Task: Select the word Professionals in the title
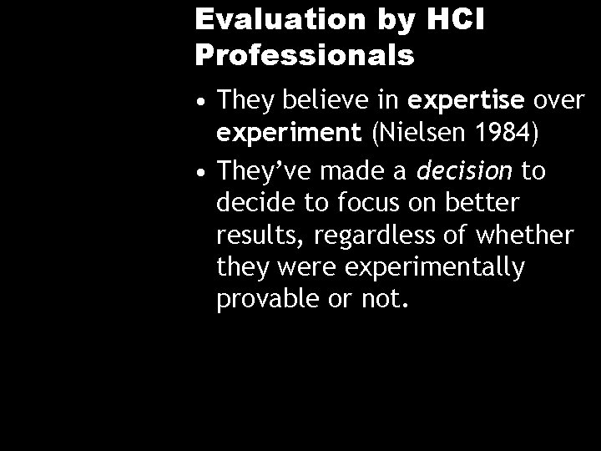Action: tap(305, 55)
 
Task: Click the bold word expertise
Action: tap(463, 102)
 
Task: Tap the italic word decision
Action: tap(464, 171)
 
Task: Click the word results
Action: tap(259, 236)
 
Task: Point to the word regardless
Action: tap(370, 236)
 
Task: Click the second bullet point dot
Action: tap(202, 172)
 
